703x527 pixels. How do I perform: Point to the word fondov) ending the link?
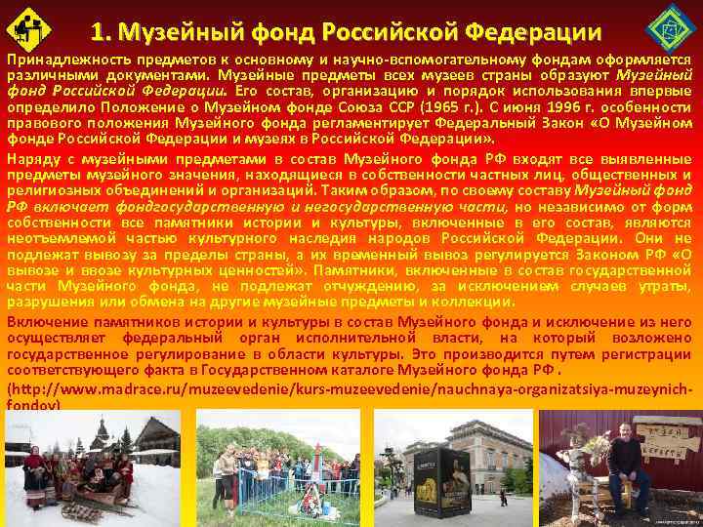(34, 403)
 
